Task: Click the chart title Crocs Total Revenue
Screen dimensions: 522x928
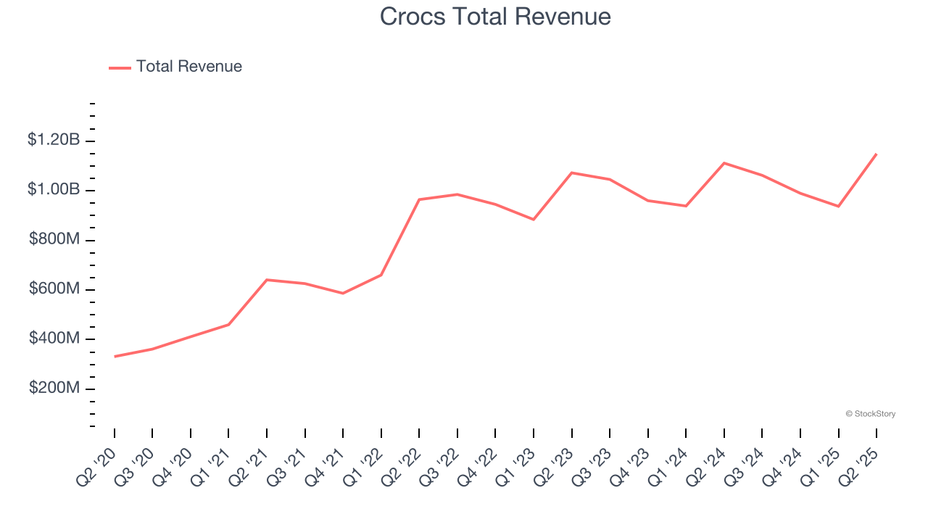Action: [495, 17]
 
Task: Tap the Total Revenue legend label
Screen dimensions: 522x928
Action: [188, 67]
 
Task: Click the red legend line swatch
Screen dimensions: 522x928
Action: [120, 67]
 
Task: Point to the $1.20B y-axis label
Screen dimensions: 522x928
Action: [54, 140]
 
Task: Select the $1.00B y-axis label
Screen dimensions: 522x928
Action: [54, 189]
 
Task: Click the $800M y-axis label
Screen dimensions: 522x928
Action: [54, 239]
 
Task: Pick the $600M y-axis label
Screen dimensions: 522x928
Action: [54, 289]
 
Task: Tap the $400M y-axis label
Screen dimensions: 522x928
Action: [54, 339]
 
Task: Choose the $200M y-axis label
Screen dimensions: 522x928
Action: [54, 388]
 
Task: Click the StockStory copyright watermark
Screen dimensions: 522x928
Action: [870, 414]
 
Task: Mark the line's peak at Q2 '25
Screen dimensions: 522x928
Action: [877, 154]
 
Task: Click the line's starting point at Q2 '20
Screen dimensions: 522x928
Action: [115, 357]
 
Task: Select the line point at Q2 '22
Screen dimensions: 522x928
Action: [419, 199]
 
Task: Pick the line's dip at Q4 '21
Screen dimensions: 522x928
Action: [343, 294]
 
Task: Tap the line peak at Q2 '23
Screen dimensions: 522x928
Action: [572, 173]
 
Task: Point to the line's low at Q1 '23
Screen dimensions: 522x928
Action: [534, 219]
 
